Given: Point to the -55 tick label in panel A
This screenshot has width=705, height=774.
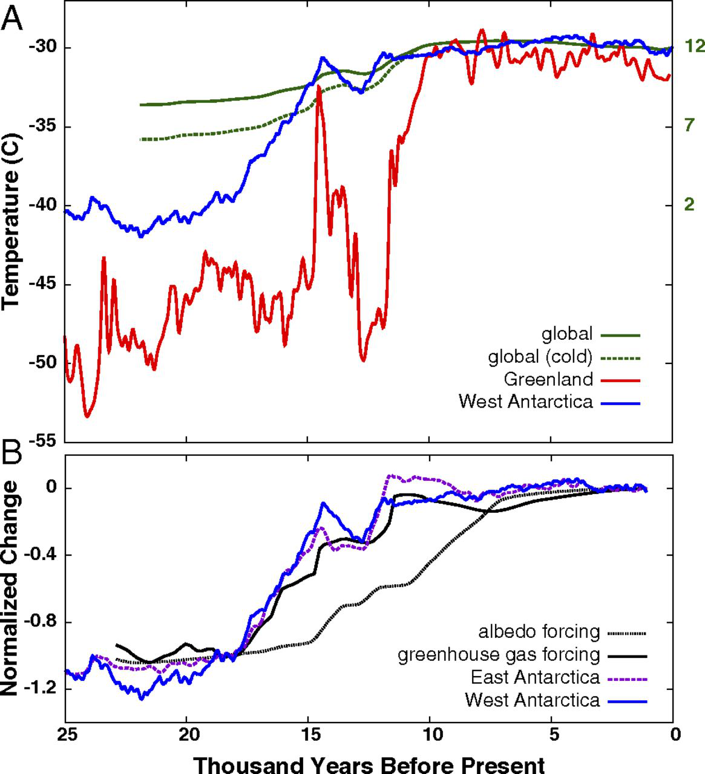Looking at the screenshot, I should click(41, 442).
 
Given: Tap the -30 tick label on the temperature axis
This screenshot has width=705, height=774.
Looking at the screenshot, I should click(41, 48).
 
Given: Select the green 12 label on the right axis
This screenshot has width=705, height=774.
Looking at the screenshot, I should click(694, 47).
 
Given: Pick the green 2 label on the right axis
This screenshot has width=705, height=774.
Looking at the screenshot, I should click(690, 205).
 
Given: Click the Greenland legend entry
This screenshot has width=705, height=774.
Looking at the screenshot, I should click(548, 380).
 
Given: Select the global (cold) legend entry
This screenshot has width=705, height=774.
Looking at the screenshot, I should click(540, 357).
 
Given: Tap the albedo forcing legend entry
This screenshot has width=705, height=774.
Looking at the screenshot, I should click(539, 633).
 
